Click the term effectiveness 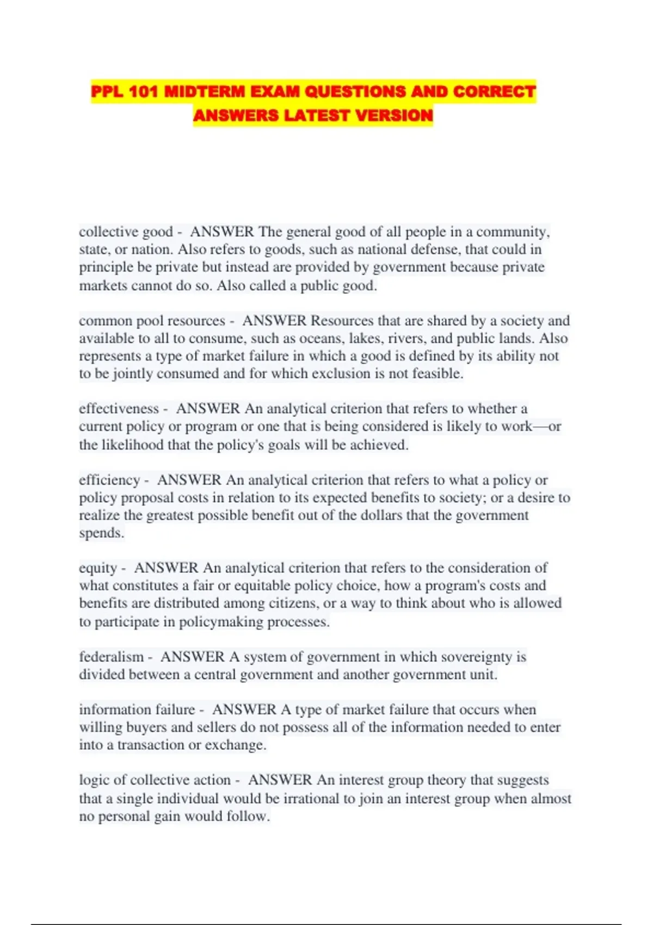(x=119, y=409)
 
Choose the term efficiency (x=109, y=480)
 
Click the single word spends (x=101, y=533)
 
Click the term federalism (x=111, y=657)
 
